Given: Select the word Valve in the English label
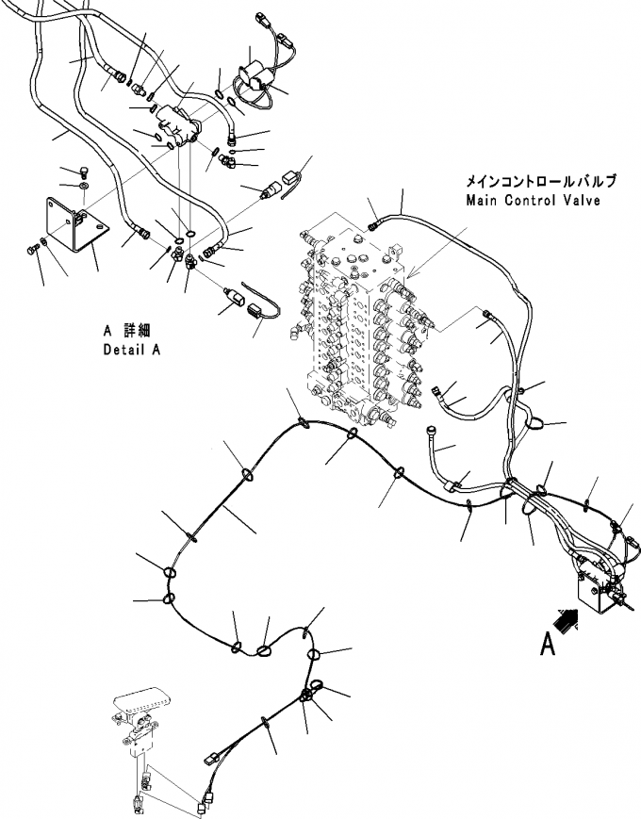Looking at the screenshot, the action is [584, 200].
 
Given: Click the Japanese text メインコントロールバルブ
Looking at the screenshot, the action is [541, 181].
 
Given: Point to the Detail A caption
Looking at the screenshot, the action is [132, 350].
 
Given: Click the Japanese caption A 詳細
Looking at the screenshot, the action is [127, 331].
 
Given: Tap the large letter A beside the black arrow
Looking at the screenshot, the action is [548, 644].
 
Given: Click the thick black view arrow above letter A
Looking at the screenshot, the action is [567, 621].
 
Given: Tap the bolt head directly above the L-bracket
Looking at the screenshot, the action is [85, 171].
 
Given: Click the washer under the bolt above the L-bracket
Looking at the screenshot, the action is [84, 186].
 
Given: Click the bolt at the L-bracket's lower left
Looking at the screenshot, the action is [31, 250].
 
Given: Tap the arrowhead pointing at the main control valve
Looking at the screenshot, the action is [411, 273].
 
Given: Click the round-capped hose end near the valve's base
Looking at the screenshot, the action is [431, 430].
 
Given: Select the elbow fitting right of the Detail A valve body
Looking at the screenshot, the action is [228, 161].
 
